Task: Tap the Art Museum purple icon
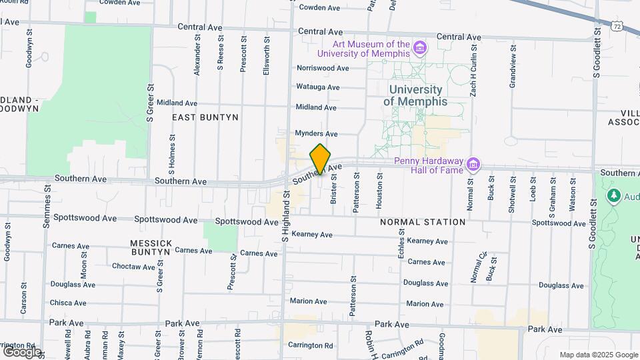tap(419, 47)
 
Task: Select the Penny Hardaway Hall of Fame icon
tap(473, 164)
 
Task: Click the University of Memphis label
tap(415, 95)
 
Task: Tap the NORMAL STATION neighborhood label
tap(423, 222)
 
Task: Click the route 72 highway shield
tap(617, 25)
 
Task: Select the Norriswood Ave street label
tap(323, 68)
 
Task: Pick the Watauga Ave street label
tap(318, 87)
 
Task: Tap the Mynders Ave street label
tap(317, 133)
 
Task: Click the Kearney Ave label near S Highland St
tap(312, 235)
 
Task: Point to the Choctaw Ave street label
tap(133, 267)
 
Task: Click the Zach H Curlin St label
tap(473, 71)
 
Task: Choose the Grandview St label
tap(512, 66)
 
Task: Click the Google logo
tap(21, 351)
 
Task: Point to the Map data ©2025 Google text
tap(597, 355)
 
